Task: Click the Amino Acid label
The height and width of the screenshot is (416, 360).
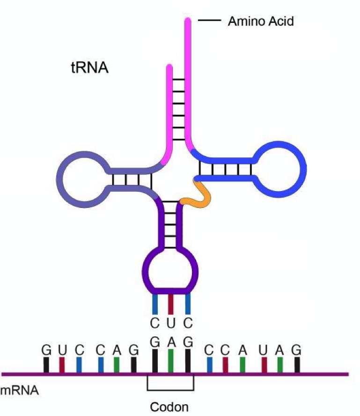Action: pos(260,21)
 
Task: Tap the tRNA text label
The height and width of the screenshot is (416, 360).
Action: pos(89,68)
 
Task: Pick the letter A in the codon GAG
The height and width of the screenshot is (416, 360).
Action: pos(171,343)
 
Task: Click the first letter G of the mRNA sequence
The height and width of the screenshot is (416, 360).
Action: pos(46,349)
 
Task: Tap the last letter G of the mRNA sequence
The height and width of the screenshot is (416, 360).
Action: pos(296,349)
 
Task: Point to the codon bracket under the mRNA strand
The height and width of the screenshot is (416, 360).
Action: pos(170,389)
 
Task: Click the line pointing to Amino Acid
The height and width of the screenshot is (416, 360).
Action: pos(209,21)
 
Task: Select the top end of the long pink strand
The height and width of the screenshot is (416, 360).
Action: pos(188,21)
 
